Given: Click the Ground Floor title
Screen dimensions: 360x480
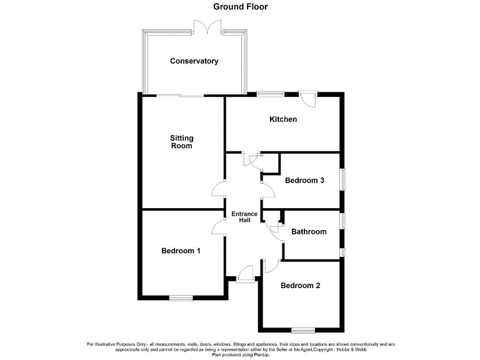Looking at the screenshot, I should coord(240,7).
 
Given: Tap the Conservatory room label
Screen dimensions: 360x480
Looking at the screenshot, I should coord(194,61).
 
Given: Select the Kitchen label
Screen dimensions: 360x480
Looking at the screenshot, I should coord(283,119).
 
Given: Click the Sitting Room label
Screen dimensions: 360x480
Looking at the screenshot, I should coord(182,142).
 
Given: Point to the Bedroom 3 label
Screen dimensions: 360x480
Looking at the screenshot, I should coord(304,181).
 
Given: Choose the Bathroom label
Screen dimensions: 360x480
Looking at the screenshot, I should coord(309,232).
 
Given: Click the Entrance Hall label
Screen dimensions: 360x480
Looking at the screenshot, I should coord(244,217).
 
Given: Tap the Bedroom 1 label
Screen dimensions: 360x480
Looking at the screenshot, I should coord(181,251).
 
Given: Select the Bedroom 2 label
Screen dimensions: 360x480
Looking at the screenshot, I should coord(300,286).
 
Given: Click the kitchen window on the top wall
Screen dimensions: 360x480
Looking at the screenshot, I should coord(269,94).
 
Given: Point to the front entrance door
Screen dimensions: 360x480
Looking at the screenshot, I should coord(245,275).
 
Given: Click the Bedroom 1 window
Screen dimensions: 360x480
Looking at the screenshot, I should coord(181,298).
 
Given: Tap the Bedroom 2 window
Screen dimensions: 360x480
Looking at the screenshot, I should coord(303,329).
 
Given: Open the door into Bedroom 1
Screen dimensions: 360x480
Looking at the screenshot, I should coord(218,229).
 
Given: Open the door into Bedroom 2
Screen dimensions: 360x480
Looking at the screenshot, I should coord(270,266).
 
